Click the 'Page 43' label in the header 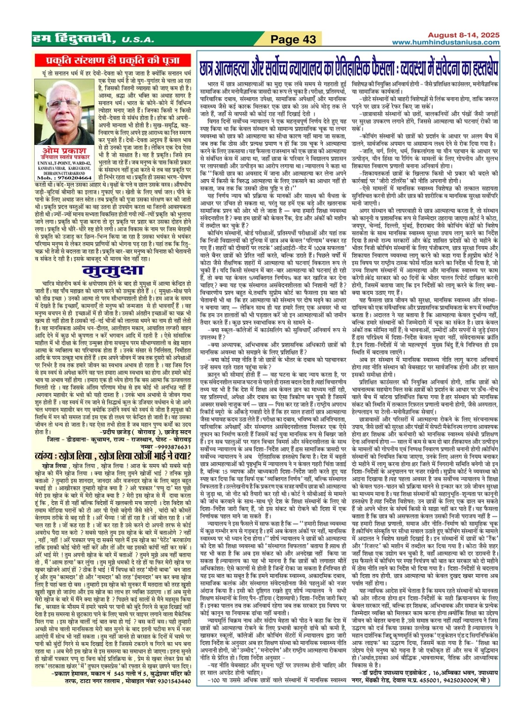pos(293,40)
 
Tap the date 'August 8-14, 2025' pos(464,35)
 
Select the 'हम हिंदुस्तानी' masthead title pos(70,40)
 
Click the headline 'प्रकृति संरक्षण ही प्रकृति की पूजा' pos(113,60)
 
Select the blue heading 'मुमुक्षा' pos(113,271)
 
